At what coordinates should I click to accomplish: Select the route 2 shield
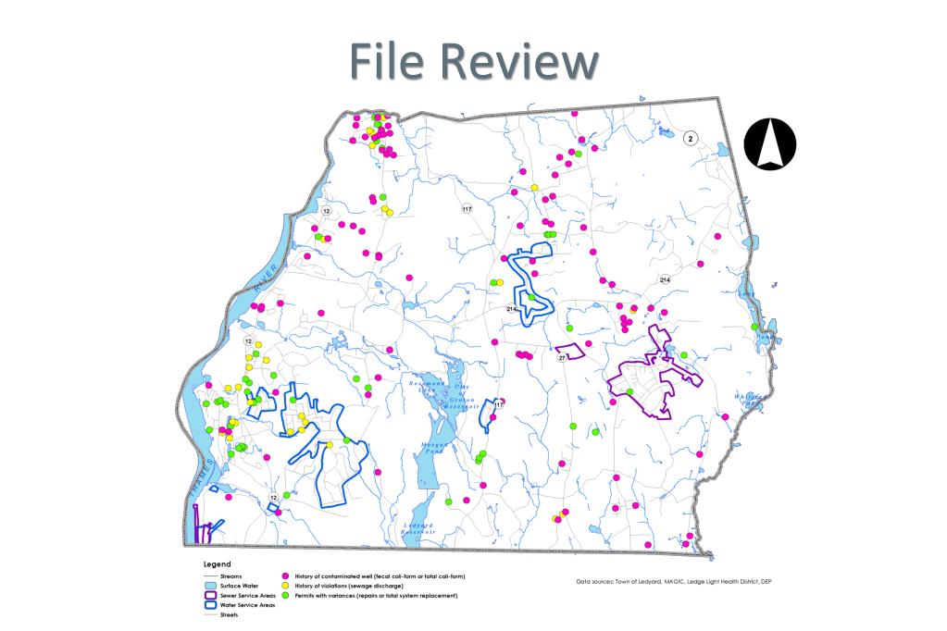click(x=690, y=138)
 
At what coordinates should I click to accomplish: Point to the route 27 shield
click(x=561, y=358)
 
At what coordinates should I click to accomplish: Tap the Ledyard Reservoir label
click(x=415, y=528)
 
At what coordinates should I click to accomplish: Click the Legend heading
click(x=217, y=563)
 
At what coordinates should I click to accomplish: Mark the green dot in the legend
click(x=287, y=596)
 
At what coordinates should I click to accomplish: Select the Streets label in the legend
click(x=230, y=614)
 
